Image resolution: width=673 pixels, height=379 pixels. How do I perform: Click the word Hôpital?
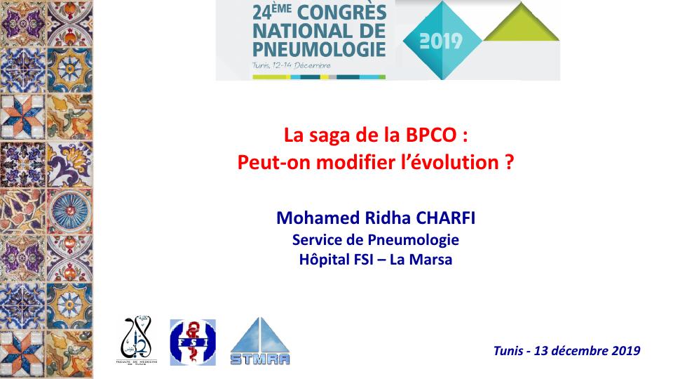(x=320, y=260)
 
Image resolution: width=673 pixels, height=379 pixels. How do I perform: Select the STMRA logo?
(x=260, y=341)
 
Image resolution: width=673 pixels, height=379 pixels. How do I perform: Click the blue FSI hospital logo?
(x=193, y=342)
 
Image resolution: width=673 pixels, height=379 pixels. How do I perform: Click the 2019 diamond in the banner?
(x=440, y=41)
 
